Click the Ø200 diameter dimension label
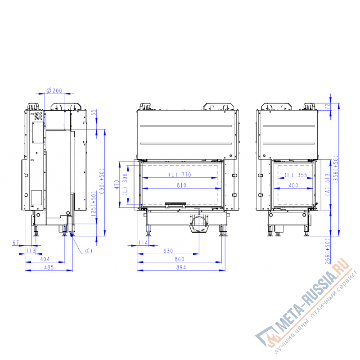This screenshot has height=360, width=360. [x=54, y=91]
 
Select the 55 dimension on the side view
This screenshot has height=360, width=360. [x=94, y=112]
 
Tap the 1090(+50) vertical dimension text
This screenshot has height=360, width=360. [x=102, y=182]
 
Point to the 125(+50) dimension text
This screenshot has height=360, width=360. [x=94, y=204]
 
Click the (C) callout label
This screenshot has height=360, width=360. [x=89, y=251]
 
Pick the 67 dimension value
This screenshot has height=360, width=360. [x=16, y=243]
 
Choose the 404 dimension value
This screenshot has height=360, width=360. [x=45, y=259]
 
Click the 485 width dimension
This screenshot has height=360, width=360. [x=49, y=267]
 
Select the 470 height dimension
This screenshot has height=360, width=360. [x=117, y=184]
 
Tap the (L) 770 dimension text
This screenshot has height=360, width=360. [x=180, y=175]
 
